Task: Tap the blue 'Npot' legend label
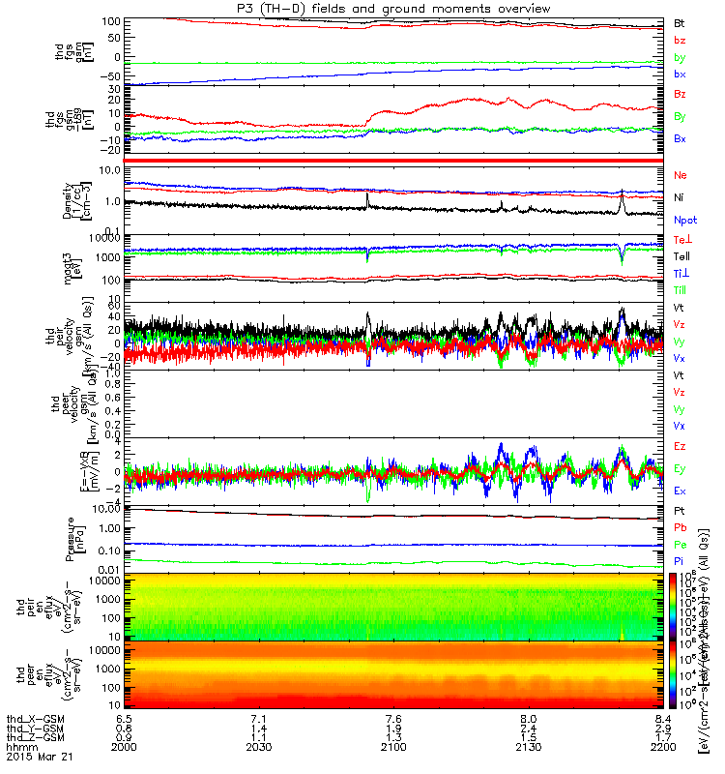tap(684, 221)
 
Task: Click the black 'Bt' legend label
tap(679, 22)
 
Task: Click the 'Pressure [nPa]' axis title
tap(75, 540)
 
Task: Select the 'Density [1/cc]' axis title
tap(75, 198)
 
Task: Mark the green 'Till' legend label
tap(681, 290)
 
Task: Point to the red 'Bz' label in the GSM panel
tap(680, 94)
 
